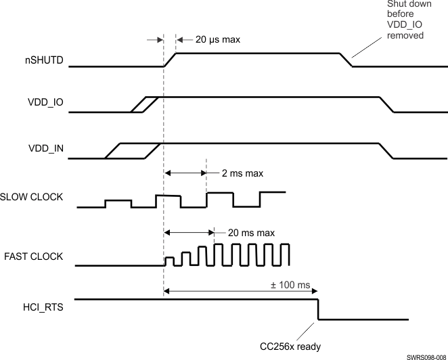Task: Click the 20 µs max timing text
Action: pyautogui.click(x=217, y=39)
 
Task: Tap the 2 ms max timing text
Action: pyautogui.click(x=242, y=173)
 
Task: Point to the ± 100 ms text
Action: pyautogui.click(x=289, y=286)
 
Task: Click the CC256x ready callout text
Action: pyautogui.click(x=290, y=346)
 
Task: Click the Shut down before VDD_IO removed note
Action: pyautogui.click(x=405, y=20)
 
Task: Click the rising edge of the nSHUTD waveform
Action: pyautogui.click(x=170, y=60)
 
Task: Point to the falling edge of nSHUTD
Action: pyautogui.click(x=346, y=60)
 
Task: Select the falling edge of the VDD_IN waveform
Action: pyautogui.click(x=386, y=150)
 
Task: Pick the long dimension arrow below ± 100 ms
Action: pyautogui.click(x=241, y=292)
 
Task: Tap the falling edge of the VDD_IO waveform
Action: pyautogui.click(x=386, y=104)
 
